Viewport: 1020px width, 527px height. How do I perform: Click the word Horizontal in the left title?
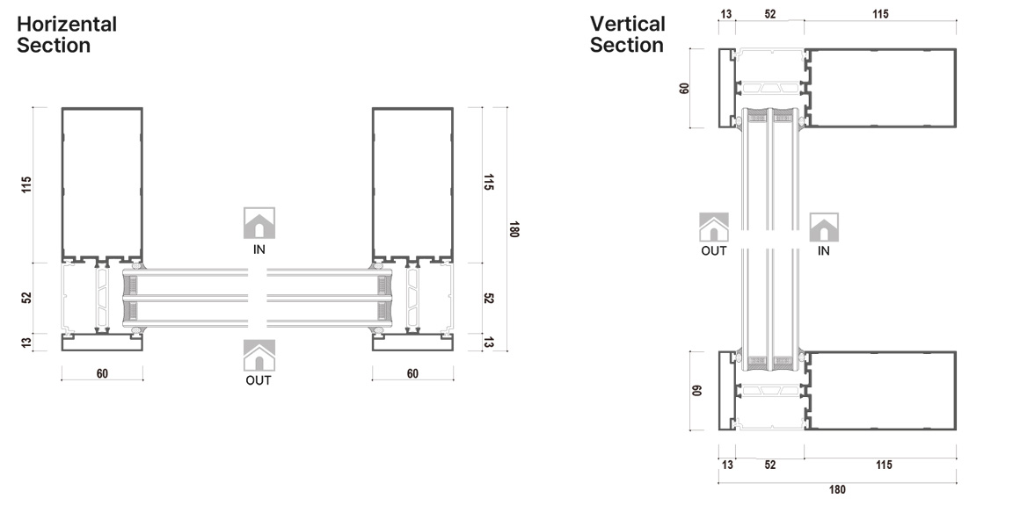pyautogui.click(x=67, y=24)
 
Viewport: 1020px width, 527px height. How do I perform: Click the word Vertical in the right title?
pyautogui.click(x=628, y=24)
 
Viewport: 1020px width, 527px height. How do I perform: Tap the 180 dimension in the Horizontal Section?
pyautogui.click(x=514, y=229)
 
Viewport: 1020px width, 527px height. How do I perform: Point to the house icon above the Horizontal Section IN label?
pyautogui.click(x=259, y=223)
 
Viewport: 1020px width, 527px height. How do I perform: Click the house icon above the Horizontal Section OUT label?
pyautogui.click(x=259, y=356)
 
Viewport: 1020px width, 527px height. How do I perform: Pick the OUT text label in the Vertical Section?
pyautogui.click(x=714, y=250)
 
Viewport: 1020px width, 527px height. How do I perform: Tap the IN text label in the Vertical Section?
pyautogui.click(x=824, y=250)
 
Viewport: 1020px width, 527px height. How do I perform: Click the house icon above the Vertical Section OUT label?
pyautogui.click(x=714, y=227)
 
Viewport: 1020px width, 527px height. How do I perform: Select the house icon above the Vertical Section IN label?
pyautogui.click(x=824, y=227)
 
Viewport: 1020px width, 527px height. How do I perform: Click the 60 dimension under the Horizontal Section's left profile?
pyautogui.click(x=102, y=373)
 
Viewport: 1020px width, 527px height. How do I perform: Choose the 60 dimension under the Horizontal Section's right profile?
pyautogui.click(x=412, y=373)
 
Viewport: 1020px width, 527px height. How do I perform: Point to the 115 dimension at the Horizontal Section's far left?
pyautogui.click(x=27, y=184)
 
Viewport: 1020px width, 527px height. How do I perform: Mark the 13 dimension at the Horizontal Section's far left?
pyautogui.click(x=27, y=342)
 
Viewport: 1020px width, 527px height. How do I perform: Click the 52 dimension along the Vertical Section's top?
pyautogui.click(x=770, y=14)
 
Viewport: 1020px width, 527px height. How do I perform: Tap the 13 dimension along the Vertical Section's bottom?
pyautogui.click(x=727, y=465)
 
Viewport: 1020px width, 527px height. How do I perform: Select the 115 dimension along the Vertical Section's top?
pyautogui.click(x=879, y=14)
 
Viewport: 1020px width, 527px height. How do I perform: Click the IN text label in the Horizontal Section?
pyautogui.click(x=259, y=249)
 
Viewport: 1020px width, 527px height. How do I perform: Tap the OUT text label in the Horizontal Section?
pyautogui.click(x=259, y=380)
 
